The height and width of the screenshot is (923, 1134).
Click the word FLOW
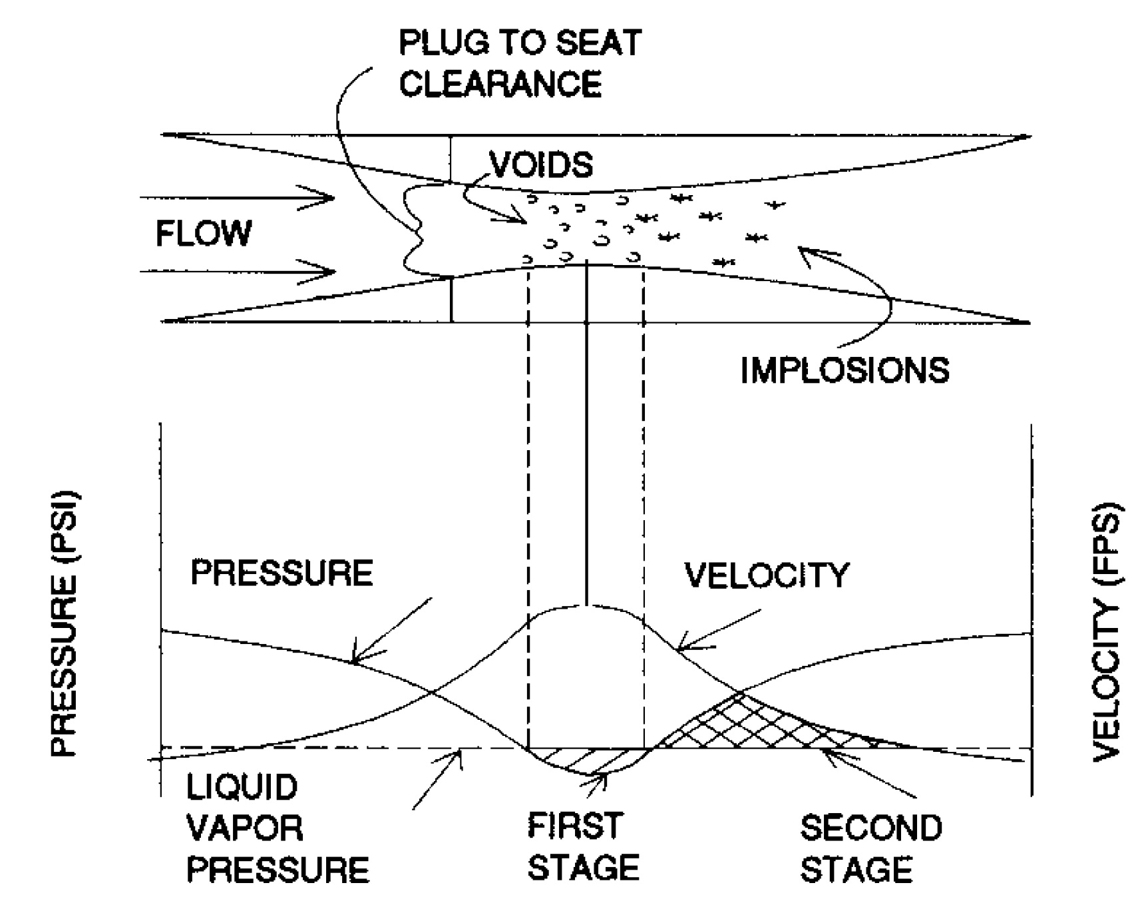tap(204, 234)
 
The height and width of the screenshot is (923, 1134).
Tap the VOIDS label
tap(541, 164)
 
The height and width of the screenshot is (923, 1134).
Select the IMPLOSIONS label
tap(845, 370)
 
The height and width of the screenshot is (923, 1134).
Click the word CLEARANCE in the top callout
tap(500, 85)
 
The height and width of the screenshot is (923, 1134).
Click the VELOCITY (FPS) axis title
tap(1109, 631)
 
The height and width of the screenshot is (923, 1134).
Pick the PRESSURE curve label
tap(282, 573)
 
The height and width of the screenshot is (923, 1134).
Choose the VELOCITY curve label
tap(767, 576)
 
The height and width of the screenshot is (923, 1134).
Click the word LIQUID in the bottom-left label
tap(242, 788)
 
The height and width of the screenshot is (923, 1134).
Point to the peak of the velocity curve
tap(586, 606)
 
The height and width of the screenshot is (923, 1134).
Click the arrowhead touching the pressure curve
tap(356, 659)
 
